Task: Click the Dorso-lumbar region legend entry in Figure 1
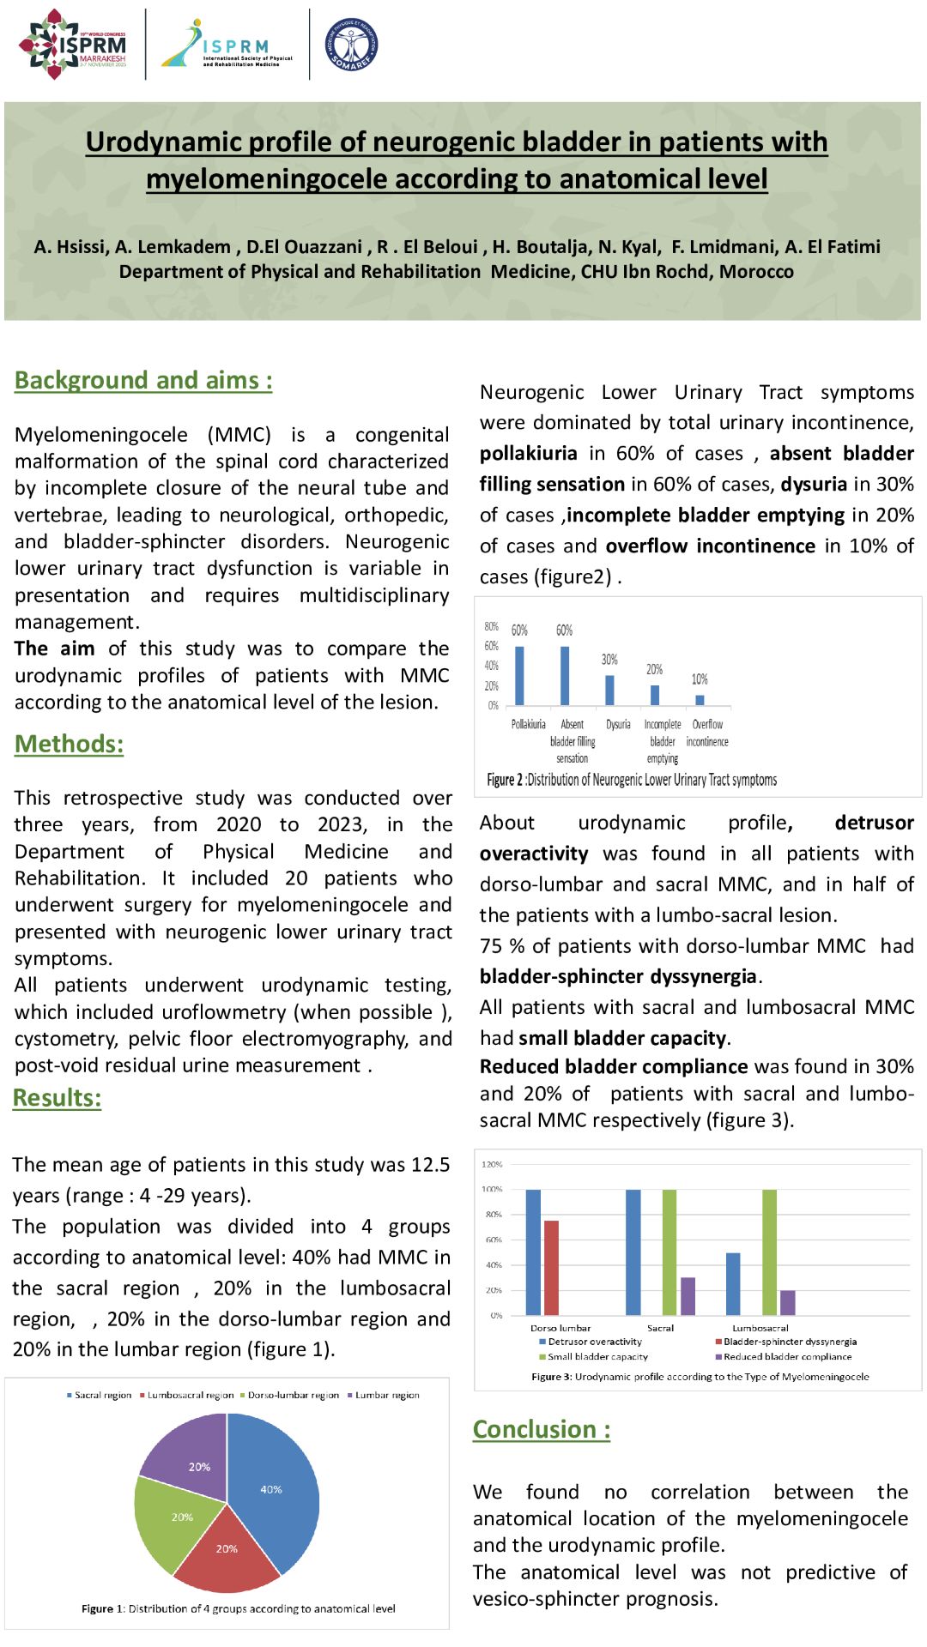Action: (x=289, y=1396)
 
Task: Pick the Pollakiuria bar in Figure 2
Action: (x=519, y=675)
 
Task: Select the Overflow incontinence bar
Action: (x=700, y=700)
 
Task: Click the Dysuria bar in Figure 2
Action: (x=609, y=690)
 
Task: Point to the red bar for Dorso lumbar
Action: (x=551, y=1267)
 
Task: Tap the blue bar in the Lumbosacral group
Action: (x=733, y=1283)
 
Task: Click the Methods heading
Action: (x=69, y=744)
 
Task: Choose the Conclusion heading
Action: (x=542, y=1430)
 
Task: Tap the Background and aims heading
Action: (x=143, y=380)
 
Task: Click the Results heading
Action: (x=57, y=1098)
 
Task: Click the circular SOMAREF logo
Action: (x=351, y=45)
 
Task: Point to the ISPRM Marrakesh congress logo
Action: (x=73, y=45)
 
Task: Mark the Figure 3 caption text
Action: (x=700, y=1377)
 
